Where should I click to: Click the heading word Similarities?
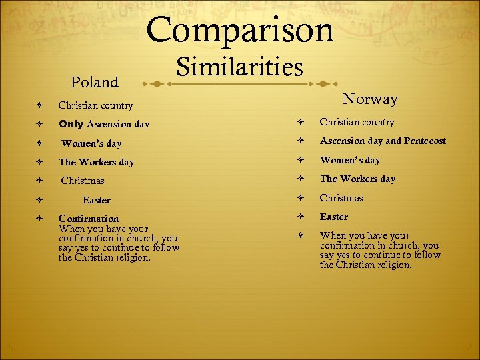pyautogui.click(x=239, y=67)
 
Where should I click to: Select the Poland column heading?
pyautogui.click(x=94, y=83)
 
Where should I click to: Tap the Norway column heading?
pyautogui.click(x=370, y=99)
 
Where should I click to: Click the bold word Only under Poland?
pyautogui.click(x=71, y=124)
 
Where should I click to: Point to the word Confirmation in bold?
pyautogui.click(x=89, y=219)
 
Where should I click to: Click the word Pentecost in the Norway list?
pyautogui.click(x=424, y=141)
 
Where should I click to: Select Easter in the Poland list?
pyautogui.click(x=97, y=200)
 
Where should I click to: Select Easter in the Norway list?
pyautogui.click(x=334, y=217)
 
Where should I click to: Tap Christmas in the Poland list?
pyautogui.click(x=83, y=181)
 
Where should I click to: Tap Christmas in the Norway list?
pyautogui.click(x=341, y=198)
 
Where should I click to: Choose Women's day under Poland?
pyautogui.click(x=91, y=143)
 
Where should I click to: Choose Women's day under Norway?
pyautogui.click(x=350, y=160)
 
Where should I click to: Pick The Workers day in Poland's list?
pyautogui.click(x=96, y=162)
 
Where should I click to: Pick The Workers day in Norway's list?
pyautogui.click(x=357, y=179)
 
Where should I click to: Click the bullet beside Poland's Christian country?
pyautogui.click(x=41, y=105)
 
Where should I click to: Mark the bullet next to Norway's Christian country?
pyautogui.click(x=302, y=122)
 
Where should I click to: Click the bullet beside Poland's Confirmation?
pyautogui.click(x=41, y=219)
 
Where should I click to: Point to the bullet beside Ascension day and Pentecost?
pyautogui.click(x=302, y=141)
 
